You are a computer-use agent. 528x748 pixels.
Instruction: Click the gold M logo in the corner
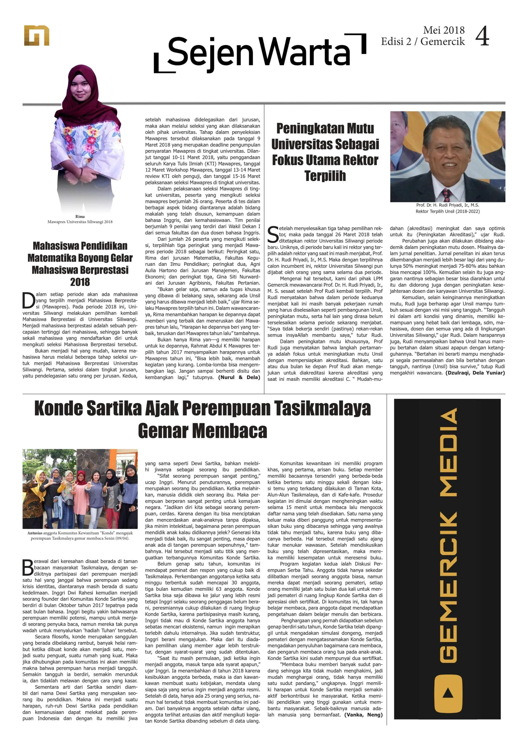[x=36, y=36]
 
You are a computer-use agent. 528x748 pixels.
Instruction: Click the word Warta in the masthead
[x=305, y=52]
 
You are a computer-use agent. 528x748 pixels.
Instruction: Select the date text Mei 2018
[x=444, y=30]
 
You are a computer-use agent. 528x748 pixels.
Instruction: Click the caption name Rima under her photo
[x=80, y=216]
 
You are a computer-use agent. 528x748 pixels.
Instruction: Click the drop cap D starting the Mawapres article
[x=29, y=300]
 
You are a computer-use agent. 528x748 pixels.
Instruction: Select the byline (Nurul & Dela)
[x=239, y=377]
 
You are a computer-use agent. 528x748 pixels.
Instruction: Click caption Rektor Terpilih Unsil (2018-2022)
[x=447, y=211]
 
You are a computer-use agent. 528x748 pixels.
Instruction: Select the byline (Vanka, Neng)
[x=363, y=715]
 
